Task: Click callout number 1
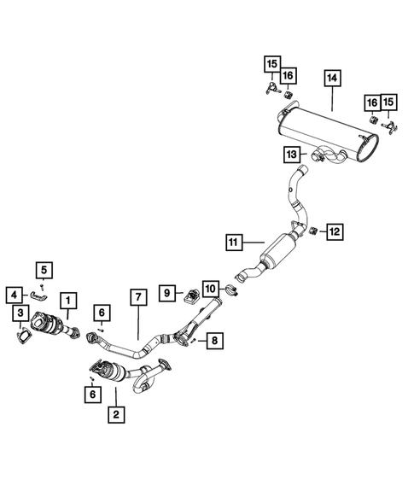67,300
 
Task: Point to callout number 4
15,295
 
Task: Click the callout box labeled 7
137,298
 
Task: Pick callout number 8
214,341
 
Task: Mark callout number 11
235,242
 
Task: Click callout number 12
334,230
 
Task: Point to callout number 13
292,154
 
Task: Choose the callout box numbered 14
331,79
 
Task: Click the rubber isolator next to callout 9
190,295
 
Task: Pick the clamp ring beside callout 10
229,296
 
